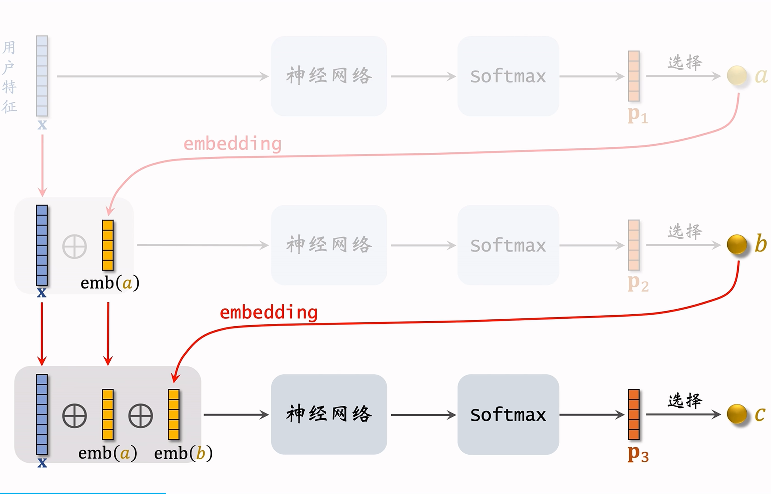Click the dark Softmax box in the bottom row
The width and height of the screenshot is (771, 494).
pos(508,414)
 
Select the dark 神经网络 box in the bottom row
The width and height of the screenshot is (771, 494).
pos(329,414)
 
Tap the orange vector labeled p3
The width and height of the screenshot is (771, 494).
pos(633,414)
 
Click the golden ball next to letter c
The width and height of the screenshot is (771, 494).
pos(736,414)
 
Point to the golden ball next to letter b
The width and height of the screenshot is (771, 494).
pos(736,244)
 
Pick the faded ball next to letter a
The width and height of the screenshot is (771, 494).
pos(736,75)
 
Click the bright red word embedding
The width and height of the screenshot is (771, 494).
pos(269,312)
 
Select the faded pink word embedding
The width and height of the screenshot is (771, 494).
pos(232,144)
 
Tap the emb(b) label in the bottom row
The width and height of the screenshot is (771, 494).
pos(183,453)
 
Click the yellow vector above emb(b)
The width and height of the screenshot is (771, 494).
pos(174,414)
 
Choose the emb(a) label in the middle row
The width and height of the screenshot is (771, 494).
pos(110,283)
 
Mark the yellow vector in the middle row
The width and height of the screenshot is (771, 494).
pos(108,245)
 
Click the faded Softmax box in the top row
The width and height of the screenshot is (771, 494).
pos(508,76)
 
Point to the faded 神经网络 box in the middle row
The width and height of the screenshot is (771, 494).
pos(329,245)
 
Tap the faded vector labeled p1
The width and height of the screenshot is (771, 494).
pos(633,76)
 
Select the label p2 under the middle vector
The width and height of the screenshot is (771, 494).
pos(638,283)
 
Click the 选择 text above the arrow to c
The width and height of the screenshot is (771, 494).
pos(685,400)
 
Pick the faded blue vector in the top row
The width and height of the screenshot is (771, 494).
pos(42,76)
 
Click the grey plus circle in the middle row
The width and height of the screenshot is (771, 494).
pos(74,246)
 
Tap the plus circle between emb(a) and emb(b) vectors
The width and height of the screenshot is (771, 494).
pos(141,416)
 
